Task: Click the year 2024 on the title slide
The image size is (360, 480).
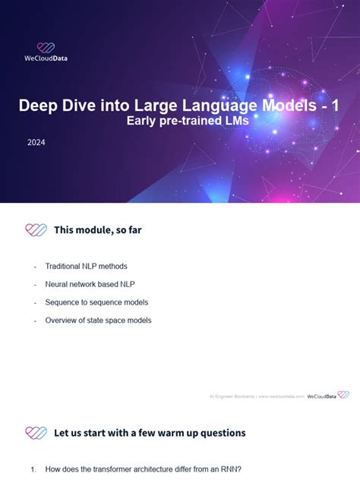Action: click(x=36, y=141)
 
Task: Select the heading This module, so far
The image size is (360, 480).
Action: click(x=97, y=229)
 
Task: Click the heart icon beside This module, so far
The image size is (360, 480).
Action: click(x=36, y=229)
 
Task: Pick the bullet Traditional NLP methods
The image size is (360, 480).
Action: click(x=86, y=267)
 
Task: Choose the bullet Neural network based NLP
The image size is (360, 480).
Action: click(x=90, y=284)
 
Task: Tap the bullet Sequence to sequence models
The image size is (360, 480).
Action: click(x=96, y=302)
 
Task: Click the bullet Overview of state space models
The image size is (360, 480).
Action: click(x=98, y=321)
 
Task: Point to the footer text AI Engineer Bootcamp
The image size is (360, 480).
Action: click(x=232, y=396)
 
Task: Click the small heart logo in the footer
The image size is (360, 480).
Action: click(x=343, y=395)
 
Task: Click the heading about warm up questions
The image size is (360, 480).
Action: click(x=150, y=433)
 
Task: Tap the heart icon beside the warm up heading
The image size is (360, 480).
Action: click(x=36, y=433)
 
